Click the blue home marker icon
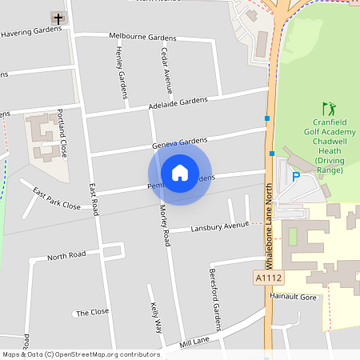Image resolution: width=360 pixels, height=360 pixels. pyautogui.click(x=180, y=172)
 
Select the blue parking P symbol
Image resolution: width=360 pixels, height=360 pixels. pyautogui.click(x=295, y=177)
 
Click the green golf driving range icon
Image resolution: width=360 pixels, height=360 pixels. pyautogui.click(x=328, y=108)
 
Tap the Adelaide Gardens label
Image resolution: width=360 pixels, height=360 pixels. pyautogui.click(x=178, y=104)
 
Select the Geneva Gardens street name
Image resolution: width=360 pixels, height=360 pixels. pyautogui.click(x=180, y=143)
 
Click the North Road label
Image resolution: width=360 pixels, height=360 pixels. pyautogui.click(x=66, y=257)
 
